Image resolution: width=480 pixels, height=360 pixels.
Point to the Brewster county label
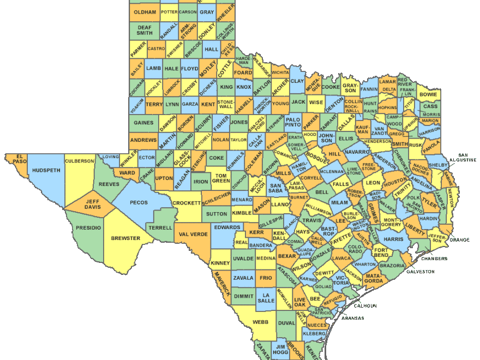(x=125, y=238)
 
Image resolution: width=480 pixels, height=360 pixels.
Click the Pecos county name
(x=135, y=202)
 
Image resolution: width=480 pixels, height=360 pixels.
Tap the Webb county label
(x=260, y=322)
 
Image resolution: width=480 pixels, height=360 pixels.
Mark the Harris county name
(x=393, y=239)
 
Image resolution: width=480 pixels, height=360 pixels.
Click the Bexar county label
(x=286, y=255)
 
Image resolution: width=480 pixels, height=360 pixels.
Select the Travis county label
(x=312, y=220)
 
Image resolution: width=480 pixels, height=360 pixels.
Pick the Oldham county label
(x=145, y=12)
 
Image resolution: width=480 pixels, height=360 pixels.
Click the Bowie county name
(x=428, y=94)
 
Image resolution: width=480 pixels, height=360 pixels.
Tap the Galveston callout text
(x=421, y=271)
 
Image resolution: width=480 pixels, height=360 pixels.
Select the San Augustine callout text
(x=466, y=157)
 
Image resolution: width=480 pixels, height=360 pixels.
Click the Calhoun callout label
(x=365, y=306)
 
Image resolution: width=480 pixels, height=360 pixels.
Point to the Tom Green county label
(x=221, y=178)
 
